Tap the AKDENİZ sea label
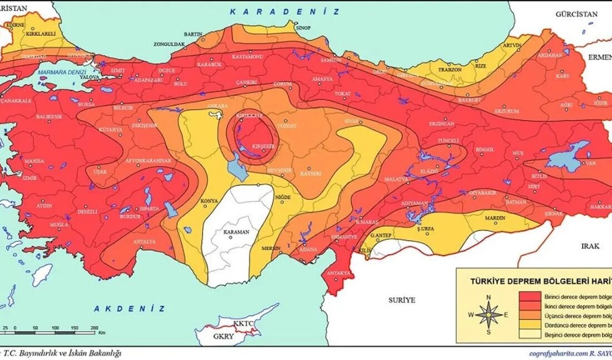click(x=129, y=308)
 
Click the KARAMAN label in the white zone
click(x=236, y=232)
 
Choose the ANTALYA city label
click(x=145, y=242)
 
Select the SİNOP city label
click(x=303, y=27)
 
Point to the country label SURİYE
click(x=402, y=300)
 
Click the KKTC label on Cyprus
click(x=244, y=323)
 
